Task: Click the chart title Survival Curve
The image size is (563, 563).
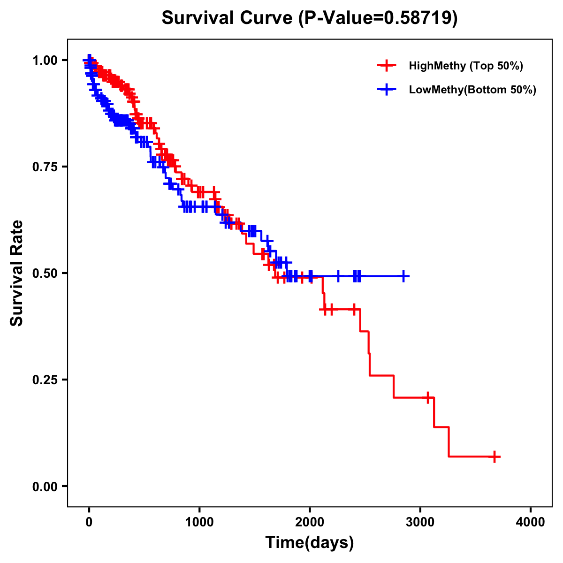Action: (x=228, y=18)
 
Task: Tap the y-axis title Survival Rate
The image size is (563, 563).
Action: (x=17, y=273)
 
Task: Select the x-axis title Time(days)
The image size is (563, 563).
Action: (x=310, y=543)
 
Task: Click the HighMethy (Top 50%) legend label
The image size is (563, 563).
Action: (x=466, y=66)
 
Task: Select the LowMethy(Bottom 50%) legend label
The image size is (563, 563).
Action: (x=472, y=90)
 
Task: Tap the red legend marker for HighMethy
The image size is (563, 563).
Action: (x=387, y=66)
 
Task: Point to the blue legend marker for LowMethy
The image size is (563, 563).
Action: (x=387, y=90)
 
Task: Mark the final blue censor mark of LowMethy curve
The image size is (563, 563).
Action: (x=403, y=276)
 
